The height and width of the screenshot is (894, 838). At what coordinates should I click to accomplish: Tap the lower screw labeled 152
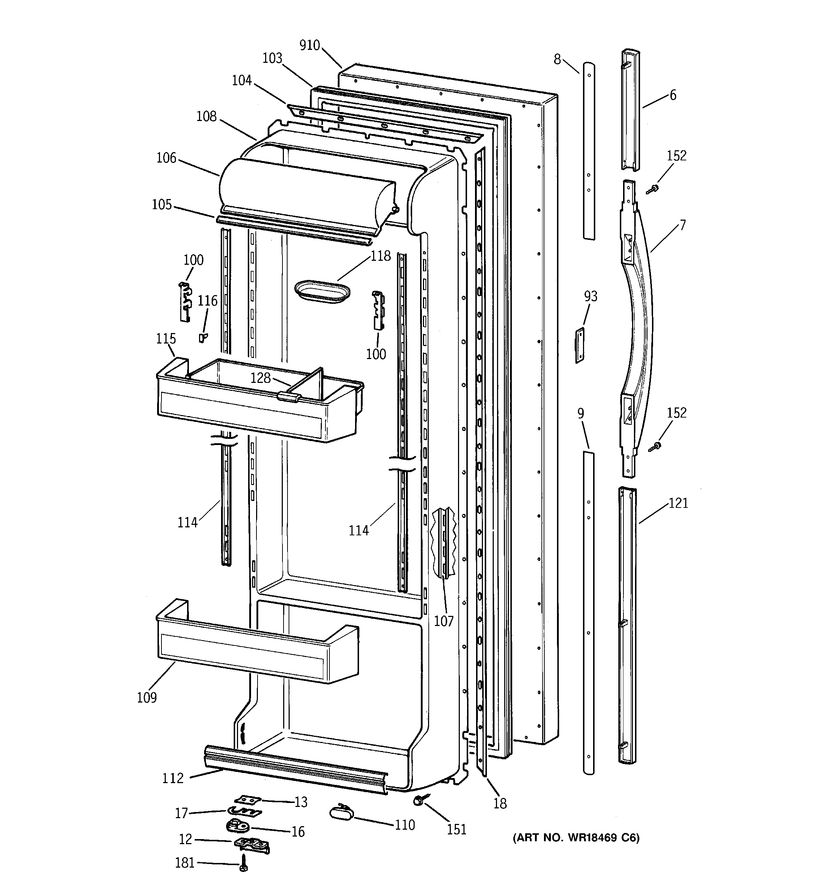click(x=655, y=446)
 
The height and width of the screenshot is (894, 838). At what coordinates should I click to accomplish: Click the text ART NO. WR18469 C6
click(x=576, y=838)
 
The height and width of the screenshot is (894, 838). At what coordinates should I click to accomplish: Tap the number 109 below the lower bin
click(x=147, y=698)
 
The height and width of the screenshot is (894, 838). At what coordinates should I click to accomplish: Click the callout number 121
click(x=678, y=503)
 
